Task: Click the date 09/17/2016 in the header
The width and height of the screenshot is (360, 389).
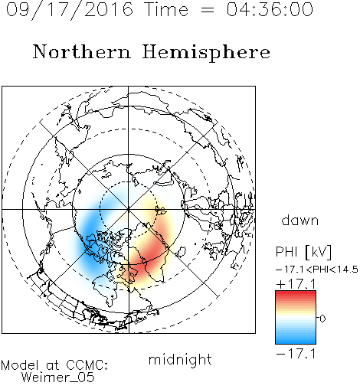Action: click(x=70, y=10)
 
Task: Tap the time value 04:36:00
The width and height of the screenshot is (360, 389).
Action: click(x=270, y=9)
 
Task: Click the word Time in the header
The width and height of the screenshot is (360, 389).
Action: click(x=166, y=9)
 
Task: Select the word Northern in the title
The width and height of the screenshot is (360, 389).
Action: click(x=82, y=51)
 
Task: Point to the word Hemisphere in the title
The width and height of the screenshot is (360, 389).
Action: click(x=206, y=53)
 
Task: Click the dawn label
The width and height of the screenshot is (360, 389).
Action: click(x=300, y=220)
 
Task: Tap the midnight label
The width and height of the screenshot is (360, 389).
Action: click(x=180, y=360)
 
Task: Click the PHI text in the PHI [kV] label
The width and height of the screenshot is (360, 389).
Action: click(x=286, y=252)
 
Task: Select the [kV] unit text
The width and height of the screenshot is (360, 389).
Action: click(x=319, y=252)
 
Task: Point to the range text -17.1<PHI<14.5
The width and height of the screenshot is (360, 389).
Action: click(x=317, y=270)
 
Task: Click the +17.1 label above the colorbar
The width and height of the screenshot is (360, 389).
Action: click(x=296, y=284)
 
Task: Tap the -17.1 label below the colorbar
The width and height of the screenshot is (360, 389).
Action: click(x=296, y=354)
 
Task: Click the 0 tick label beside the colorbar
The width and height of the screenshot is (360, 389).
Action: click(x=322, y=319)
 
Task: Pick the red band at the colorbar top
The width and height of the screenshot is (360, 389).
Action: click(x=296, y=294)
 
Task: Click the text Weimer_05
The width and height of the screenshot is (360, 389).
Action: click(x=58, y=378)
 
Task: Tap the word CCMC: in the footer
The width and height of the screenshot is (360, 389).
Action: click(x=87, y=365)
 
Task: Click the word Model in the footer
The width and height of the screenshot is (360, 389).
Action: click(x=20, y=365)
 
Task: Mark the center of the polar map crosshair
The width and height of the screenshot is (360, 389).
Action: click(x=129, y=209)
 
